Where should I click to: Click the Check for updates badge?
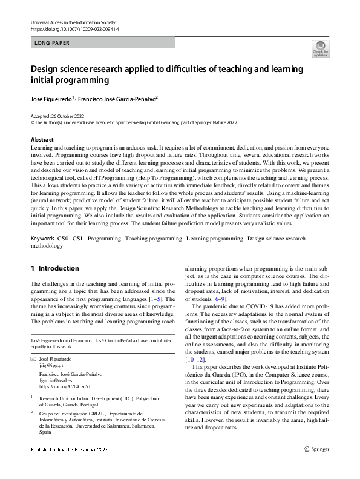pos(320,48)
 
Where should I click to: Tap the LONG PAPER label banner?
pos(102,43)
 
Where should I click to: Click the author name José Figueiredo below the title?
pos(51,97)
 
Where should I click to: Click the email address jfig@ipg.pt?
pos(51,366)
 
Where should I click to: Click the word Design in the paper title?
pos(47,69)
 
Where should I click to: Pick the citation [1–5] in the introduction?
pos(154,299)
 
